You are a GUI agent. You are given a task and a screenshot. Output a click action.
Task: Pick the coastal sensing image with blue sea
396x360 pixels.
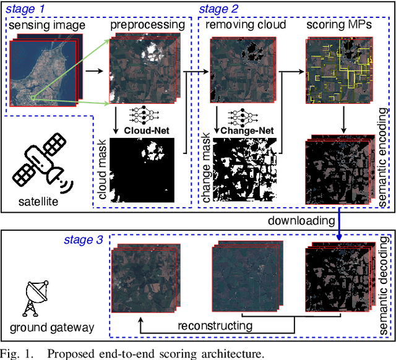tap(40, 72)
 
